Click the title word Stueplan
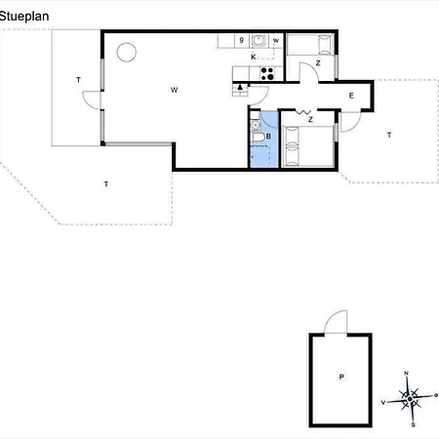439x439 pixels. [x=23, y=16]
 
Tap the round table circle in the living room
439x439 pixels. [x=127, y=53]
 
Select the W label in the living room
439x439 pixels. [x=174, y=90]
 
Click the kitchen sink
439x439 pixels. [x=259, y=41]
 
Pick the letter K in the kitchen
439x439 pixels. [x=253, y=58]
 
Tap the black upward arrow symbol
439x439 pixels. [x=240, y=89]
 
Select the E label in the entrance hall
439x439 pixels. [x=351, y=95]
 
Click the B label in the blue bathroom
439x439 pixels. [x=268, y=137]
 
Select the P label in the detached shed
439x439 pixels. [x=341, y=376]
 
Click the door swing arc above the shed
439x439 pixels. [x=336, y=321]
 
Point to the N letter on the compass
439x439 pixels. [x=407, y=373]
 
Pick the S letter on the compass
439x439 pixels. [x=414, y=424]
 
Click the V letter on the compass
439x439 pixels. [x=383, y=401]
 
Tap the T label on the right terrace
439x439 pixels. [x=388, y=134]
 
